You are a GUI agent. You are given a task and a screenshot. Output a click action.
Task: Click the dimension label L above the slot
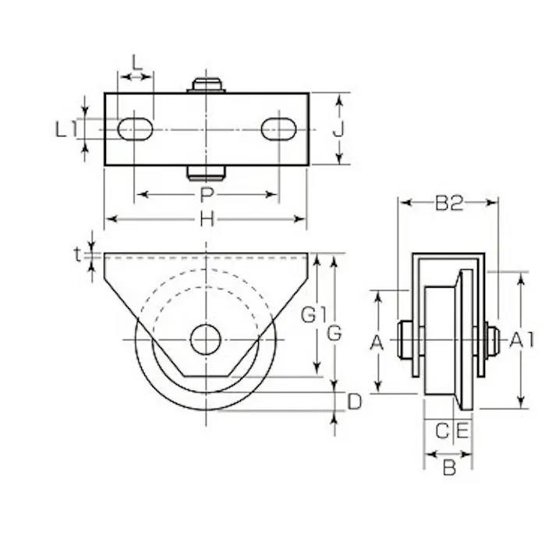pyautogui.click(x=136, y=61)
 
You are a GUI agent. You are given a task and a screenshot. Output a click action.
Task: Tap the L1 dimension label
pyautogui.click(x=66, y=129)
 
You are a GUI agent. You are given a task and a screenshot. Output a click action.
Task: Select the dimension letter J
pyautogui.click(x=338, y=129)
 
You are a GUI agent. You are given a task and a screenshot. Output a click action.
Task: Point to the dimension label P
pyautogui.click(x=206, y=194)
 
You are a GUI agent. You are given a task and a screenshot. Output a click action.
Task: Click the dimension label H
pyautogui.click(x=206, y=220)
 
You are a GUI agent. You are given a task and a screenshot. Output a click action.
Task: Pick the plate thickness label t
pyautogui.click(x=77, y=254)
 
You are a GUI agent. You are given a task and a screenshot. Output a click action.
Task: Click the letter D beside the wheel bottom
pyautogui.click(x=354, y=402)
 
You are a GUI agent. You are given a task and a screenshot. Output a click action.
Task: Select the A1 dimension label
pyautogui.click(x=522, y=339)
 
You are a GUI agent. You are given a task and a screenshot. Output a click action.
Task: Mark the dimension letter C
pyautogui.click(x=441, y=430)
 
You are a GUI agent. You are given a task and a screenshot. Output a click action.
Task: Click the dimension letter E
pyautogui.click(x=462, y=430)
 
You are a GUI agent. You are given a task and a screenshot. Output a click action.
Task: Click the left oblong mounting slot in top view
pyautogui.click(x=135, y=129)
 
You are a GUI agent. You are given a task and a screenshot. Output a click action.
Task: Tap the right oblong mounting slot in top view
pyautogui.click(x=278, y=129)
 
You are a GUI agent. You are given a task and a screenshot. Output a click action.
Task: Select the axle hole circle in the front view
pyautogui.click(x=206, y=339)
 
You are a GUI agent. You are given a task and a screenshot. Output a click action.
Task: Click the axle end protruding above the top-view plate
pyautogui.click(x=206, y=84)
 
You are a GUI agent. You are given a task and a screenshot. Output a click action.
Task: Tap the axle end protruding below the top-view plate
pyautogui.click(x=206, y=172)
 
